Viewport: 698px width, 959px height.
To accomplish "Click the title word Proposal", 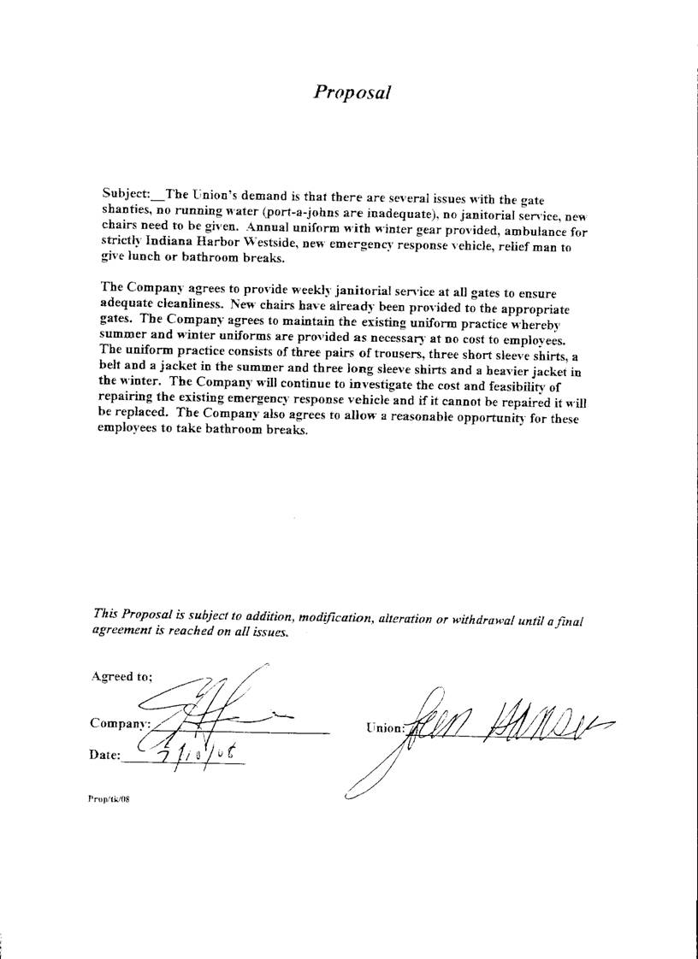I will point(352,92).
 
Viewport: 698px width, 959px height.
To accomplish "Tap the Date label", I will point(106,755).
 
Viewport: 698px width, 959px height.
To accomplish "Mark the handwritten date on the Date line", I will point(194,752).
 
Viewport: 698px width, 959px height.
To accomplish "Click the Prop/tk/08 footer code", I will point(108,798).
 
